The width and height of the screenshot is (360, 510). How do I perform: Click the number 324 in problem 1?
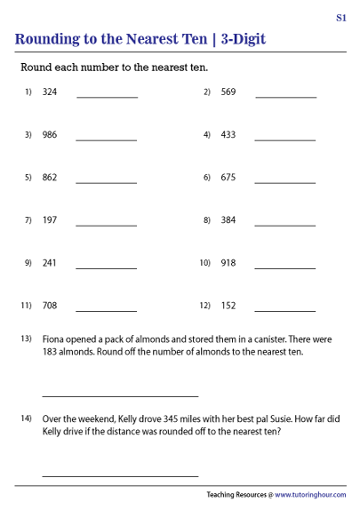click(50, 92)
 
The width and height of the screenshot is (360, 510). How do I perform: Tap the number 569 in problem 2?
click(228, 92)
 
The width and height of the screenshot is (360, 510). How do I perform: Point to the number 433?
click(228, 135)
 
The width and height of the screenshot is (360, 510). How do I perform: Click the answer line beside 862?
click(107, 182)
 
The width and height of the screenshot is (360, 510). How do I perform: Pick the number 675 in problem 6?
click(228, 178)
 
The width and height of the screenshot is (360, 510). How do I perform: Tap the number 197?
click(50, 220)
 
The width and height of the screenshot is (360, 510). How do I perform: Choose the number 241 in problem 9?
click(50, 263)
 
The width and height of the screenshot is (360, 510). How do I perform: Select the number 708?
click(50, 306)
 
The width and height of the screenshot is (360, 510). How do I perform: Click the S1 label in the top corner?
click(341, 17)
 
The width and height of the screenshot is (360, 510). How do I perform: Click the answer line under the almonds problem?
click(120, 396)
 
